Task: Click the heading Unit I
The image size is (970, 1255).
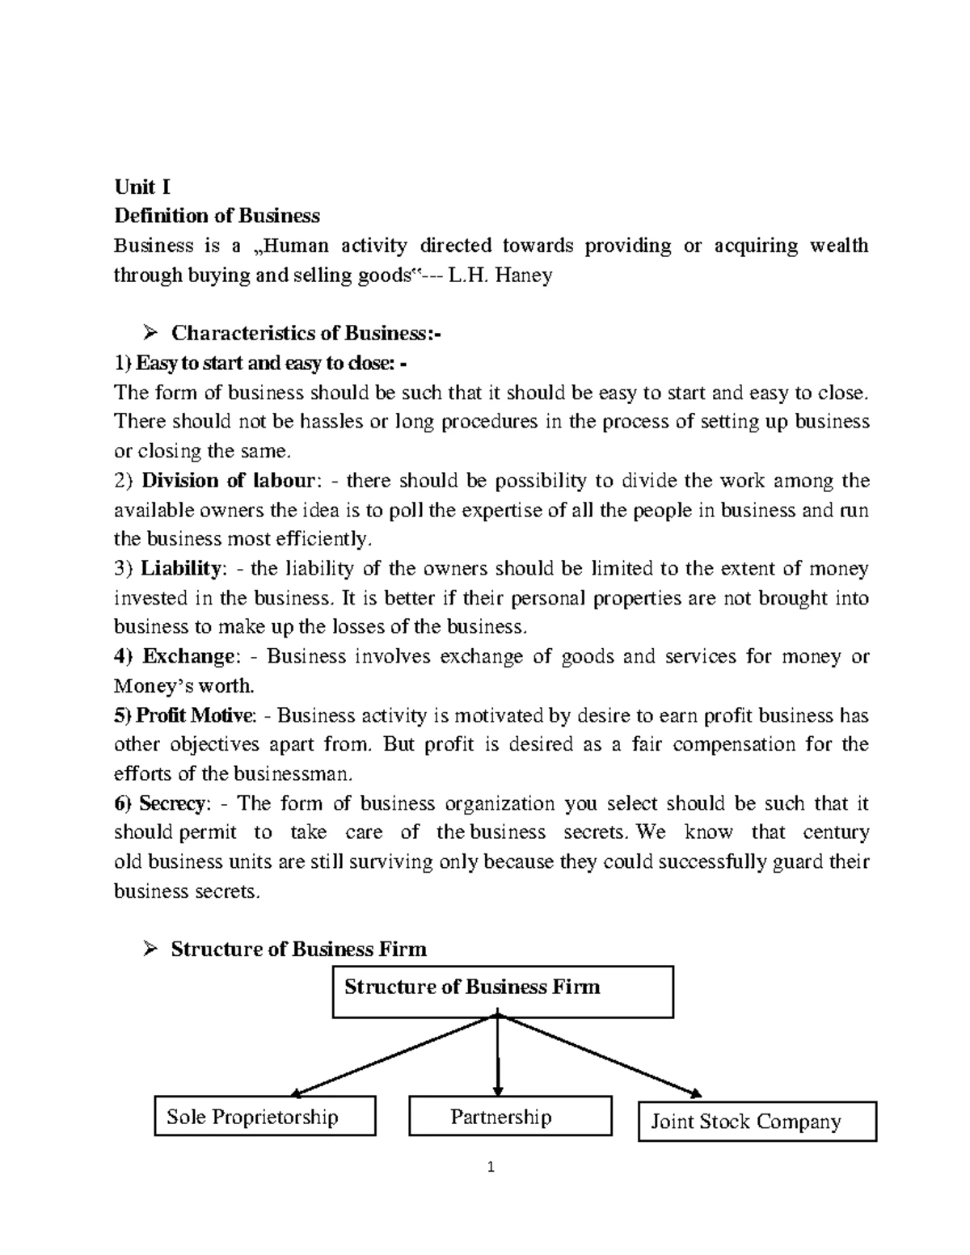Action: coord(142,187)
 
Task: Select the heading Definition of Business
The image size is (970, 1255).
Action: coord(217,217)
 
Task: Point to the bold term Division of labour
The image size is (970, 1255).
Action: coord(226,481)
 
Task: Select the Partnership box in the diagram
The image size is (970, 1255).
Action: coord(510,1117)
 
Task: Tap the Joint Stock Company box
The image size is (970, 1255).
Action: coord(757,1122)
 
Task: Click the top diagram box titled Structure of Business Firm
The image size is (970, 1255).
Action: coord(503,991)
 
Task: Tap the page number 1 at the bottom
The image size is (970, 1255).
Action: coord(489,1167)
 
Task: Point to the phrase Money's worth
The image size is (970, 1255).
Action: coord(183,686)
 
